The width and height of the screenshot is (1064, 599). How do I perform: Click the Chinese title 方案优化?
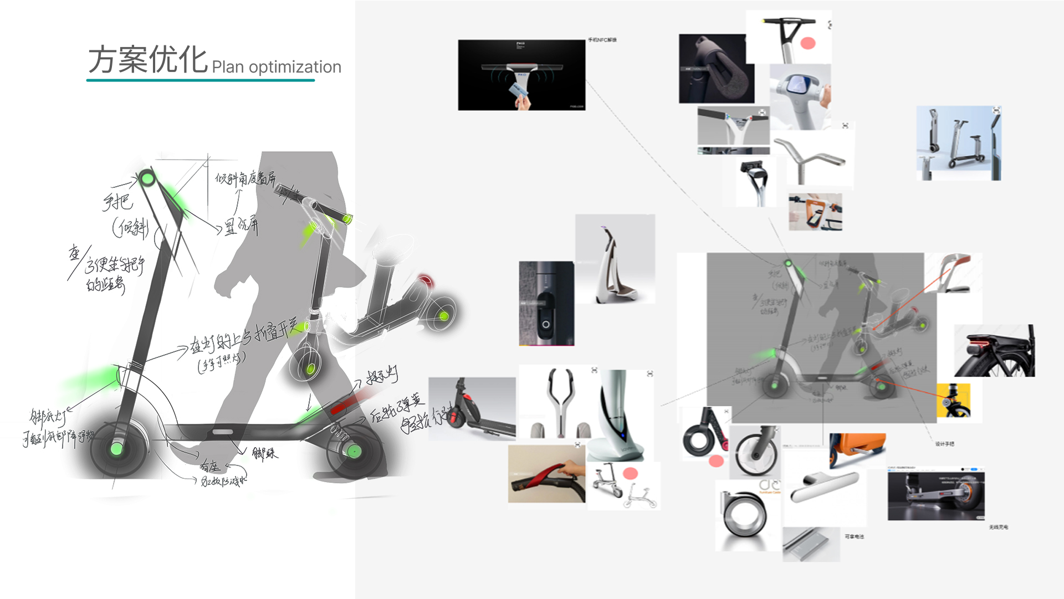coord(147,59)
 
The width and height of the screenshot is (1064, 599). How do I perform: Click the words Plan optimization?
coord(276,67)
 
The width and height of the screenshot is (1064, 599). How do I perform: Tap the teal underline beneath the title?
coord(200,80)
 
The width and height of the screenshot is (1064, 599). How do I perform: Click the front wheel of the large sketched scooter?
coord(117,448)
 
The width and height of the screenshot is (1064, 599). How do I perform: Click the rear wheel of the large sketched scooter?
coord(354,451)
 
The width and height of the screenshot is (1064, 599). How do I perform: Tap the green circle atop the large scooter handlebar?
coord(147,179)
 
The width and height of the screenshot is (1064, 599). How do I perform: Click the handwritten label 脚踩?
coord(265,454)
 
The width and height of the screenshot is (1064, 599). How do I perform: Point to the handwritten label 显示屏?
coord(242,226)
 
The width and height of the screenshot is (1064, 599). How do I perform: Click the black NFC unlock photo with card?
coord(521,75)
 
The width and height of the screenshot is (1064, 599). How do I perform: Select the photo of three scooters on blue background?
coord(958,143)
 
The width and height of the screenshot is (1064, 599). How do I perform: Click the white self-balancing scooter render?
coord(615,259)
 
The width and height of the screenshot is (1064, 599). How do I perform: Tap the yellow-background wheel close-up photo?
coord(953,400)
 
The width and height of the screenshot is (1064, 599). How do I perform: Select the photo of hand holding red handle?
coord(546,474)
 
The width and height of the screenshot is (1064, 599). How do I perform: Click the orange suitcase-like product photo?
coord(857,448)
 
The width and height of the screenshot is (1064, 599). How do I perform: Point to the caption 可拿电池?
coord(854,536)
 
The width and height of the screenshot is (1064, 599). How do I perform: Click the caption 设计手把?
coord(944,444)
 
